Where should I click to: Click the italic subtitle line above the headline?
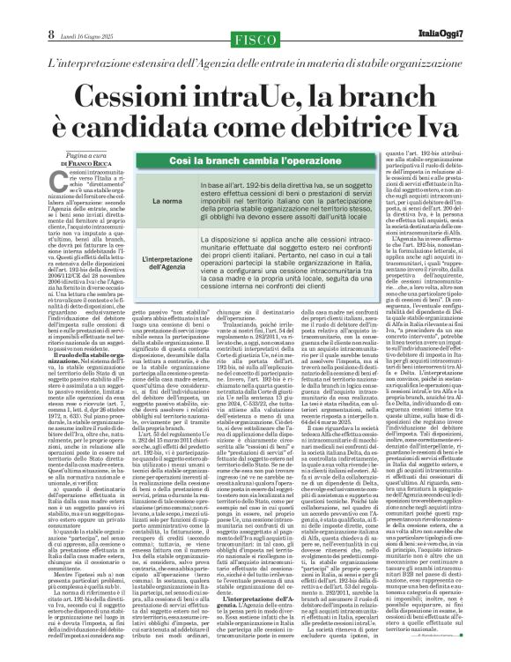click(255, 65)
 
